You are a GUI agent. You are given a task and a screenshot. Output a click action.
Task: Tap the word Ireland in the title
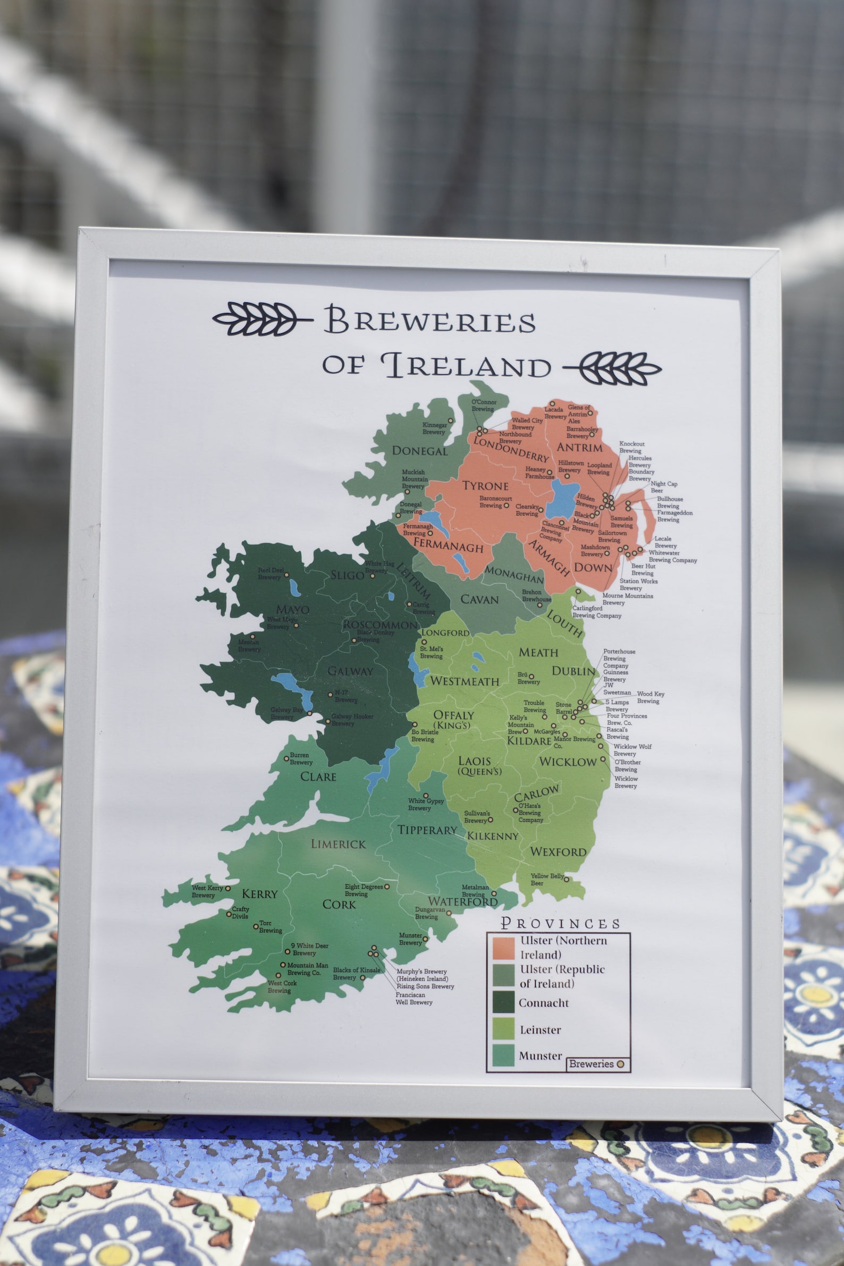click(466, 366)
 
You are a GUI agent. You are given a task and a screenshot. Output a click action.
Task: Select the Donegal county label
click(419, 451)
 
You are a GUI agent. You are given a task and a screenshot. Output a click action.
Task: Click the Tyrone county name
click(485, 486)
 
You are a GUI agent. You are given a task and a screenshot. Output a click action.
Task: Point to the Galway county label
click(350, 671)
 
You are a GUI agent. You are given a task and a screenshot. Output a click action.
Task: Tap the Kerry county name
click(259, 894)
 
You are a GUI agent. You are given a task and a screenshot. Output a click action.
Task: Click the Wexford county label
click(558, 851)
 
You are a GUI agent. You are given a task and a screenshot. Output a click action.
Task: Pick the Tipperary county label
click(427, 830)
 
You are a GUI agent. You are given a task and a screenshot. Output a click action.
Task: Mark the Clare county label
click(318, 777)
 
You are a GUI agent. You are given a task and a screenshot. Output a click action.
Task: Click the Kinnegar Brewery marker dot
click(451, 420)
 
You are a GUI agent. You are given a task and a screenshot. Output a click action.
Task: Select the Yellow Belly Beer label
click(546, 880)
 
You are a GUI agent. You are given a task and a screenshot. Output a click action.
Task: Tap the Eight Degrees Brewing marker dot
click(386, 887)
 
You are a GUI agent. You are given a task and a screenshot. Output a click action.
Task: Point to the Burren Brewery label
click(300, 758)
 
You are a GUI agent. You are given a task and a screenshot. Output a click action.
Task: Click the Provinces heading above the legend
click(560, 923)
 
